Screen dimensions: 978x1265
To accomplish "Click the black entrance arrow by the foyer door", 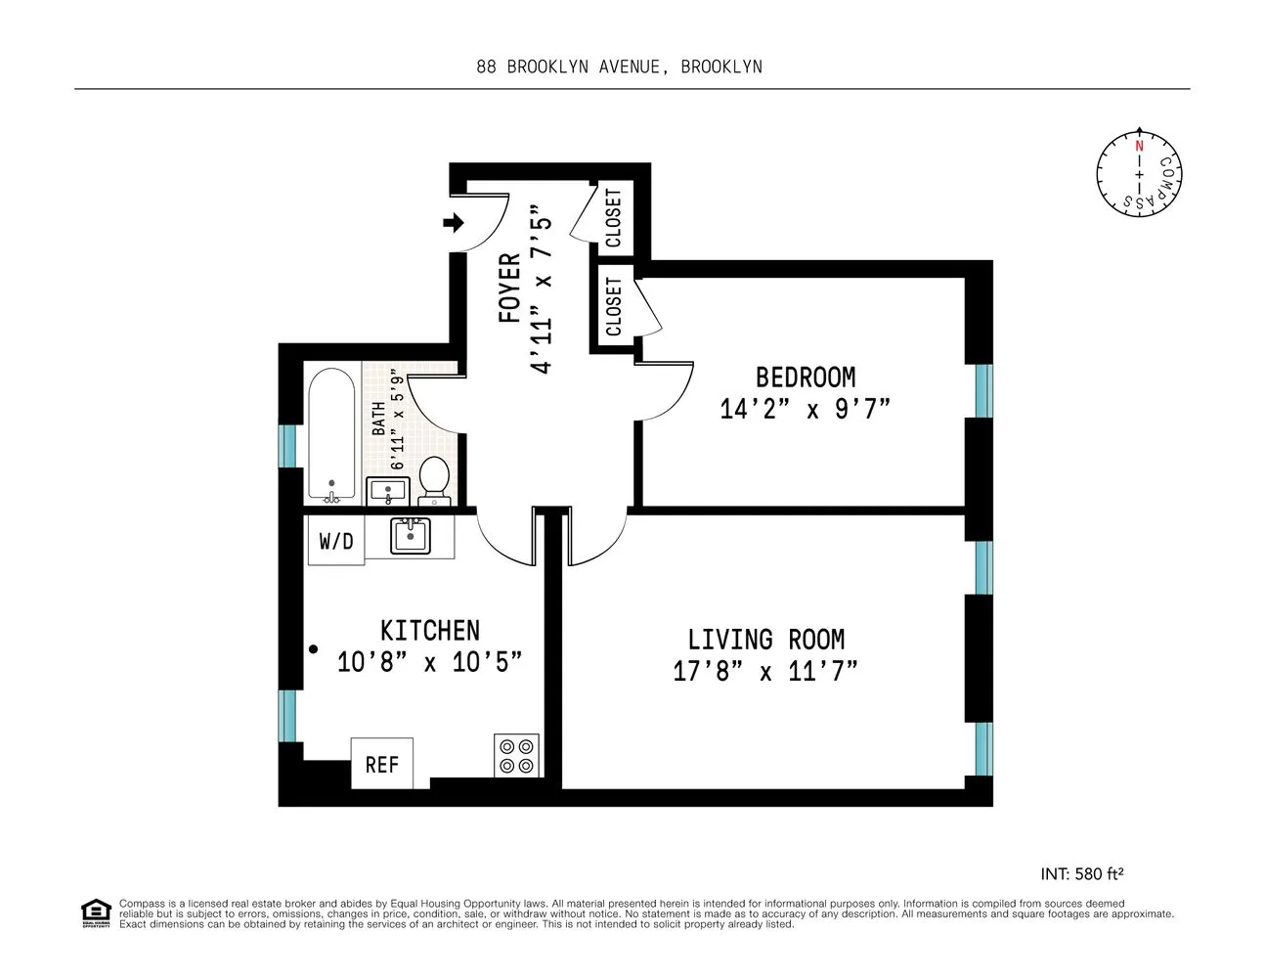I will (454, 223).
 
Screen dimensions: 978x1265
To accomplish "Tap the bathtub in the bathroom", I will (331, 434).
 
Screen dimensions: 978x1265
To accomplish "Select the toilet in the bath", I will (434, 479).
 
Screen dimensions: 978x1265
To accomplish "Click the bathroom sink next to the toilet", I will (389, 491).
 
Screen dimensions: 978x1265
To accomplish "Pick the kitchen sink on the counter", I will (410, 536).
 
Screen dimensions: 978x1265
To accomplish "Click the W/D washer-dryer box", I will (335, 541).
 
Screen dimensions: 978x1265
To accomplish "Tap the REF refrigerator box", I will (381, 764).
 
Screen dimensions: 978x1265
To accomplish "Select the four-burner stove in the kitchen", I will (516, 755).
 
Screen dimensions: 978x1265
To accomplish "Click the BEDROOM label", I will (805, 377).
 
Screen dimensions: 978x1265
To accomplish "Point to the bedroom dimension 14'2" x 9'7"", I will (805, 409).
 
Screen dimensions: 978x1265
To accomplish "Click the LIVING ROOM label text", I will (765, 640).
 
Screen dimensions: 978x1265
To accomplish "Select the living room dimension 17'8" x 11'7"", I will (765, 672).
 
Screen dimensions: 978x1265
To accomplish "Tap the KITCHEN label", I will (430, 630).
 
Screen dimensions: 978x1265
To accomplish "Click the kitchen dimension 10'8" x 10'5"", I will (430, 662).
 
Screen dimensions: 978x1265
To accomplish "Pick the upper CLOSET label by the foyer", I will (614, 217).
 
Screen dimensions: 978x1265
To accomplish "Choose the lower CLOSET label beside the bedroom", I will (614, 306).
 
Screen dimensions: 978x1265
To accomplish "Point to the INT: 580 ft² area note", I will (1087, 873).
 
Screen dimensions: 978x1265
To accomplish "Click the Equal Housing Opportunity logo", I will (95, 912).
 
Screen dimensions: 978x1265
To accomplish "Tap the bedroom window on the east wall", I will (982, 391).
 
